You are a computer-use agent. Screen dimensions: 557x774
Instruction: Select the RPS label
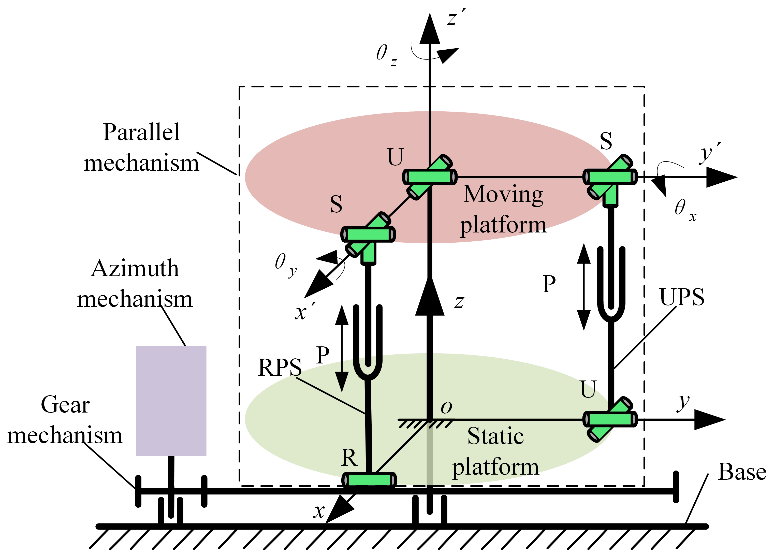point(280,368)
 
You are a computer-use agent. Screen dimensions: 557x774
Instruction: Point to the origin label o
point(446,407)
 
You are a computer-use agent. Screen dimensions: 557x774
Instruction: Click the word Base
point(742,472)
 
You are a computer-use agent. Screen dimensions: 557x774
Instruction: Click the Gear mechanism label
point(65,420)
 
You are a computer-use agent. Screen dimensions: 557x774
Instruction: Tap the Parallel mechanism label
point(141,148)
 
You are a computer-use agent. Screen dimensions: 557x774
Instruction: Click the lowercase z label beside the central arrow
point(459,302)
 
